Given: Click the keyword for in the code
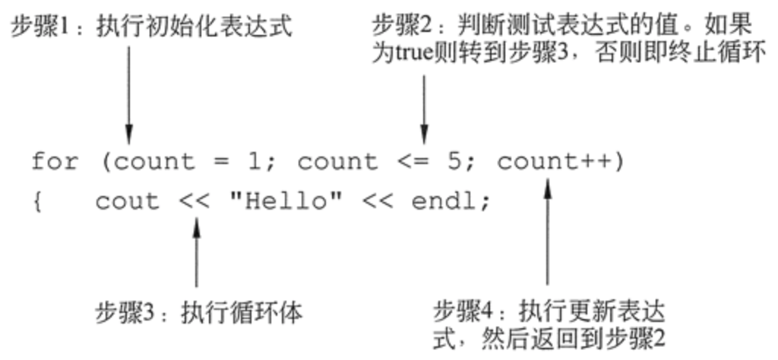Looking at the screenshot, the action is [x=54, y=162].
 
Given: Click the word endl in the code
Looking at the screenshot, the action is [x=444, y=202].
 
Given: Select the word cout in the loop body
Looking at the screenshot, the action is [x=128, y=202].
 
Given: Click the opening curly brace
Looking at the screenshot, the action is [x=36, y=203].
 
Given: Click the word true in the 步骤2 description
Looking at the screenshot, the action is [x=412, y=55].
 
